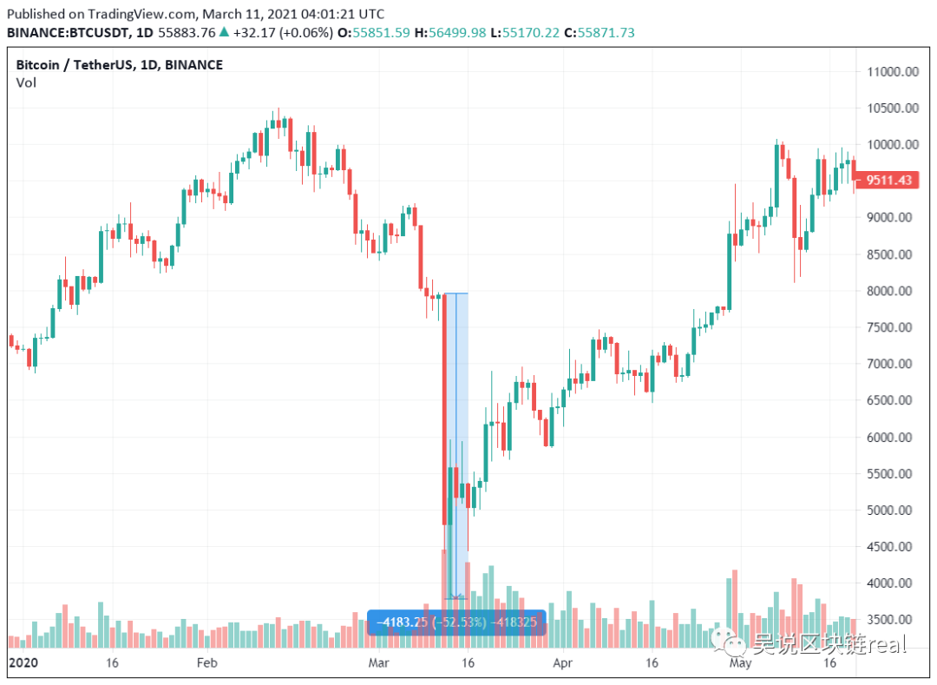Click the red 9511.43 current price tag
pyautogui.click(x=884, y=181)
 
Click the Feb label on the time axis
pyautogui.click(x=206, y=663)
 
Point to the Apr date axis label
pyautogui.click(x=563, y=663)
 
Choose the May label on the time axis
pyautogui.click(x=740, y=663)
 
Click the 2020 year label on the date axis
pyautogui.click(x=24, y=663)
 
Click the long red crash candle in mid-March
pyautogui.click(x=444, y=408)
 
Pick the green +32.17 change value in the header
pyautogui.click(x=255, y=32)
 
